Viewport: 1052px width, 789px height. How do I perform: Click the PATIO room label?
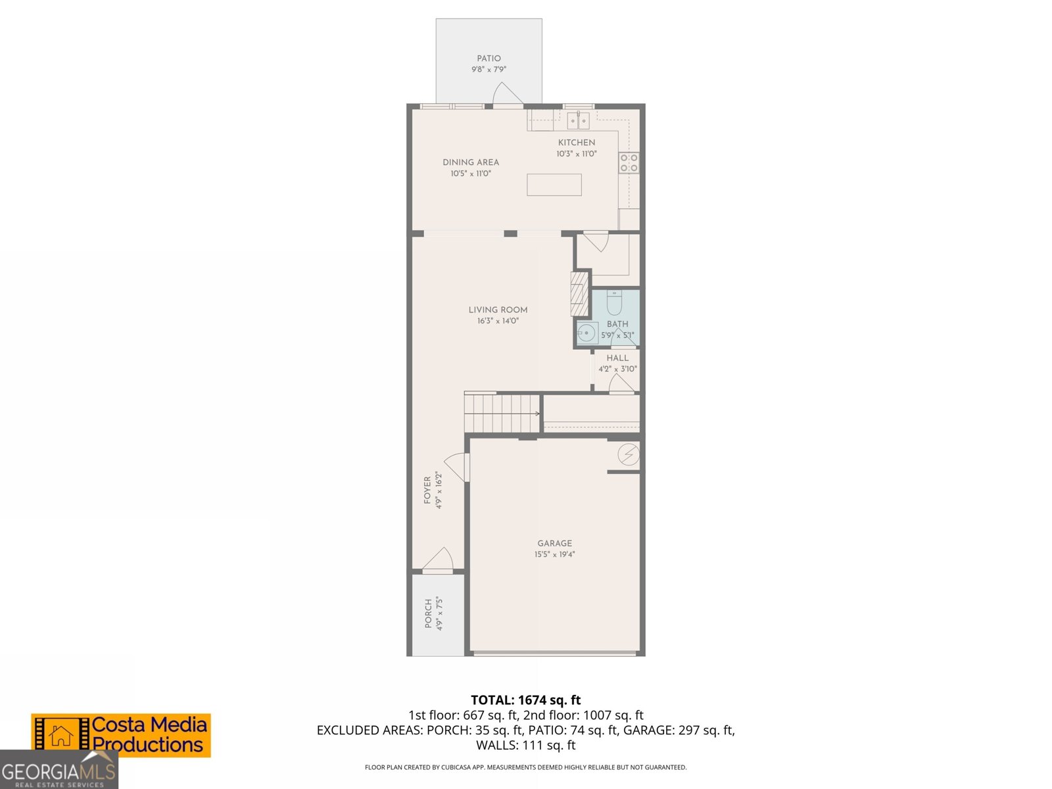tap(489, 59)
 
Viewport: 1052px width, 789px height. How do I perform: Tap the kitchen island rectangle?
tap(554, 185)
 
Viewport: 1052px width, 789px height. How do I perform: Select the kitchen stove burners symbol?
tap(629, 162)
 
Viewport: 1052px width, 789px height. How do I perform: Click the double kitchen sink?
tap(578, 120)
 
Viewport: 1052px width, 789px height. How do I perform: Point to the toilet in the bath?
tap(614, 304)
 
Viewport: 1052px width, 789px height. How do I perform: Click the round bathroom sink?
tap(586, 333)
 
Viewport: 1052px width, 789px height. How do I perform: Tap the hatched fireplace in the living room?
tap(579, 294)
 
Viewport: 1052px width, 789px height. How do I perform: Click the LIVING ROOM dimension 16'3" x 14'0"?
tap(498, 321)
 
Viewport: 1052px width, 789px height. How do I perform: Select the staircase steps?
tap(502, 413)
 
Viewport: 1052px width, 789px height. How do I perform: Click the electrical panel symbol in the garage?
tap(629, 454)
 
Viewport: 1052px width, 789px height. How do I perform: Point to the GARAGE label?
tap(554, 543)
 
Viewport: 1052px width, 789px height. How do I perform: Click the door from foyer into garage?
tap(458, 466)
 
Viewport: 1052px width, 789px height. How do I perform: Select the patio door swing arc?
tap(507, 93)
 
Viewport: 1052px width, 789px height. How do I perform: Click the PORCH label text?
tap(428, 613)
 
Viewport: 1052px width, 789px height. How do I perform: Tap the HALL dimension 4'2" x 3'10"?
tap(617, 369)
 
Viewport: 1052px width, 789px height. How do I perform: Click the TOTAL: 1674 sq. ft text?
tap(525, 700)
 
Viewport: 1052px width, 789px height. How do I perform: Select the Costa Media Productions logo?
tap(121, 735)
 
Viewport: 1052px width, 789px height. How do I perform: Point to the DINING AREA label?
tap(470, 162)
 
